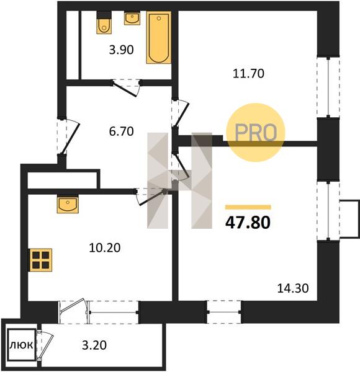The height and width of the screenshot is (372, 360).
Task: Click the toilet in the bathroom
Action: pos(104,22)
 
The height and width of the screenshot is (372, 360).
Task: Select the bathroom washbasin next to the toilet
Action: pos(132,19)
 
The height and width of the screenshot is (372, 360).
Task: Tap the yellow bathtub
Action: pos(159,37)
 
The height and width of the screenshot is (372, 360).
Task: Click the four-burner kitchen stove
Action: pos(41,260)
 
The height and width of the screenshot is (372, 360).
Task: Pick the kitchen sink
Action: pos(68,204)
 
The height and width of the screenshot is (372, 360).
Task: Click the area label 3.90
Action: pos(122,50)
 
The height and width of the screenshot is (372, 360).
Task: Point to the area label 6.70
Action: pos(122,131)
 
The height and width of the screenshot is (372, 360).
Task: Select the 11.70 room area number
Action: pos(248,73)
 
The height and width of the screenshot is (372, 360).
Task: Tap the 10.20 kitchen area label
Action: pos(105,248)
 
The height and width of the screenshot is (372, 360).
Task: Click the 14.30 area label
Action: pos(293,288)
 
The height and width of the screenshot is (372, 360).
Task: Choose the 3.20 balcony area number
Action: pos(94,345)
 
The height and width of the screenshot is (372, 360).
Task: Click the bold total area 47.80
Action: pos(248,223)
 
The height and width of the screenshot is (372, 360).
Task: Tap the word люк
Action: pos(21,345)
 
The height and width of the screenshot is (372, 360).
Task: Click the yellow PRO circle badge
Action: pos(256,133)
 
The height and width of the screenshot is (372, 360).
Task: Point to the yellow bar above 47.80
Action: pos(248,207)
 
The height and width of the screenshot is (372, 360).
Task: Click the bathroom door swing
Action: pos(126,88)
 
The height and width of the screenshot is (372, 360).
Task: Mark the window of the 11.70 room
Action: pos(328,87)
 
